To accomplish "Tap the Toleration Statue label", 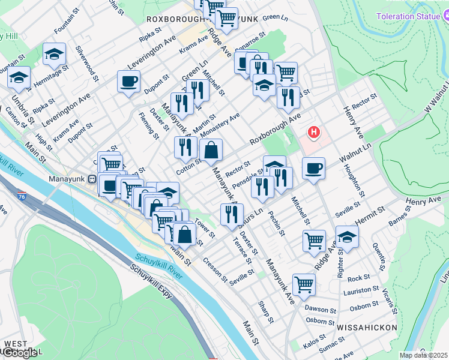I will click(x=408, y=16).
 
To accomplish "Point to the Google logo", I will click(x=20, y=353).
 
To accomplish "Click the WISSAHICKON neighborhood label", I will click(x=367, y=328).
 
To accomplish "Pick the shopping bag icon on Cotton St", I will click(x=211, y=152).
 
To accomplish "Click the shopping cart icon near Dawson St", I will click(x=304, y=285).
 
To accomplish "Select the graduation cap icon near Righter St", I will click(x=346, y=238).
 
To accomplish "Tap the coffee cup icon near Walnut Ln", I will click(x=313, y=169).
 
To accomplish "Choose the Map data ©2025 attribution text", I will click(x=424, y=355).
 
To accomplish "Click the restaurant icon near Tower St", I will click(x=231, y=215).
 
